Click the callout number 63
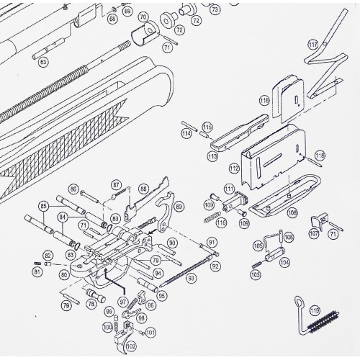pos(43,63)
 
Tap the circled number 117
pos(312,45)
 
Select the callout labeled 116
pos(264,102)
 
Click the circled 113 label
pos(212,156)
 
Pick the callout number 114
pos(186,133)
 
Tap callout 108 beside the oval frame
pos(292,212)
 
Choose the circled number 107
pos(314,234)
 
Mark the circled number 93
pos(192,278)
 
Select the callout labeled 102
pos(130,346)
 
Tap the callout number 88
pos(144,189)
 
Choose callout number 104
pos(284,263)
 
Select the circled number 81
pos(37,271)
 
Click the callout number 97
pos(123,301)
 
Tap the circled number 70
pos(143,17)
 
